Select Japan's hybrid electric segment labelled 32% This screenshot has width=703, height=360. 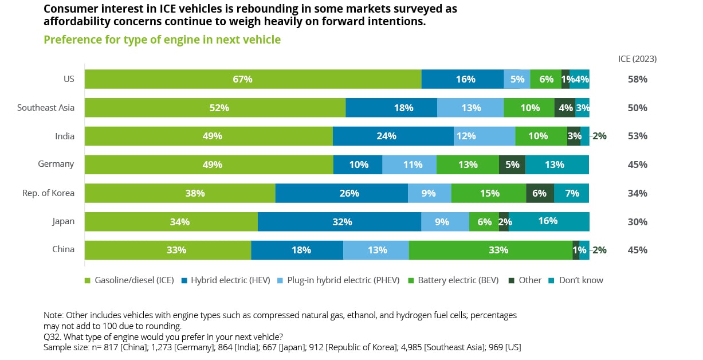[339, 222]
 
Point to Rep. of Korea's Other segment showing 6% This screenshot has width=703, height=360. [540, 193]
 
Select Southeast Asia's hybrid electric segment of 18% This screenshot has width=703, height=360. [391, 108]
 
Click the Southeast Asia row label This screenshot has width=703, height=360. [46, 107]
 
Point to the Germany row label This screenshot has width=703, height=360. [56, 164]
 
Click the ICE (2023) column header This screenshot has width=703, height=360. [637, 58]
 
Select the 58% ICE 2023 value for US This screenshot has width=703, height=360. [637, 79]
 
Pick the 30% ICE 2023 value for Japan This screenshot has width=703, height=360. [637, 222]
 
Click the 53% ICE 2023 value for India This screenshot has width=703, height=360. [637, 136]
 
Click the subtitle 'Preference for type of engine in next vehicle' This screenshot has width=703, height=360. [162, 40]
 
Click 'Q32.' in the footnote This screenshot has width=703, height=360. [52, 336]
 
